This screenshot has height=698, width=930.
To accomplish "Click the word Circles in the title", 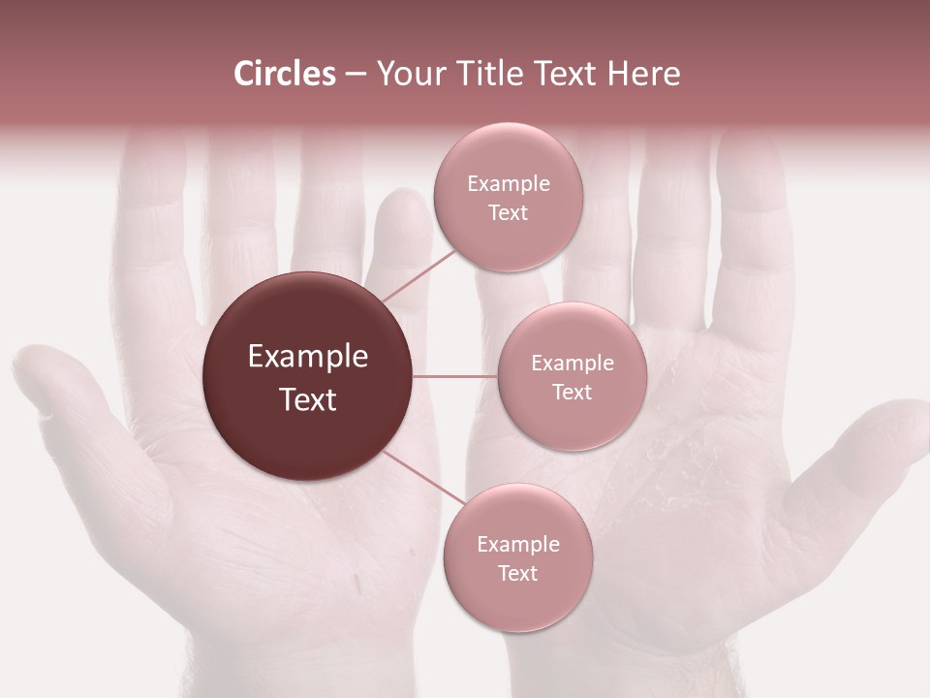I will (x=284, y=74).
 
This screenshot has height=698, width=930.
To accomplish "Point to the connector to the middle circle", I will (x=455, y=376).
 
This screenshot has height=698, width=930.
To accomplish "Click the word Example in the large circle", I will (x=307, y=357).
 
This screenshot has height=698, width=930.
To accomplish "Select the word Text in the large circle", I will (x=307, y=399).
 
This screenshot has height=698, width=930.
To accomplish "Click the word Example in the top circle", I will (x=508, y=184).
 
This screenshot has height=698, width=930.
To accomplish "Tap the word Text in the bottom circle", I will (x=517, y=573).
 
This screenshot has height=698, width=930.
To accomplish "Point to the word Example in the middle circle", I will (x=572, y=364).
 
